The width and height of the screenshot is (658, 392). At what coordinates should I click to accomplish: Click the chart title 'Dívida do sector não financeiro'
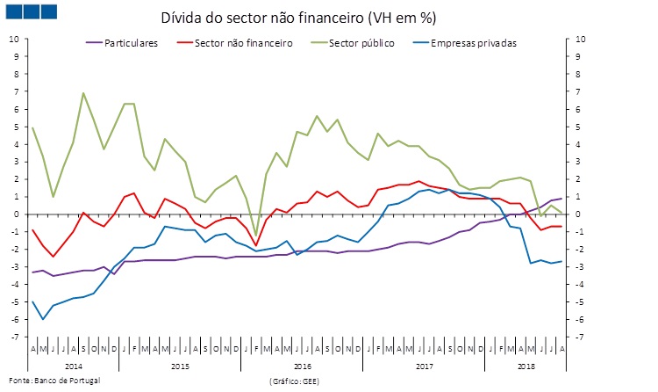coord(298,18)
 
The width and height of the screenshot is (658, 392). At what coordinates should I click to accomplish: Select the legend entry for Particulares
coord(130,42)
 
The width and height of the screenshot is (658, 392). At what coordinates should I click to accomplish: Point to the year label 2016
coord(303,365)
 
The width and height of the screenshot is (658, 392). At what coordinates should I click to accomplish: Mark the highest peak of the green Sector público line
coord(83,92)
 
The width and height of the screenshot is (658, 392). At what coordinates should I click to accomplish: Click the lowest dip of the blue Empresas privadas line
coord(43,319)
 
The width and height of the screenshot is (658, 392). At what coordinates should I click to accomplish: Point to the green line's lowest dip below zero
coord(255,236)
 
